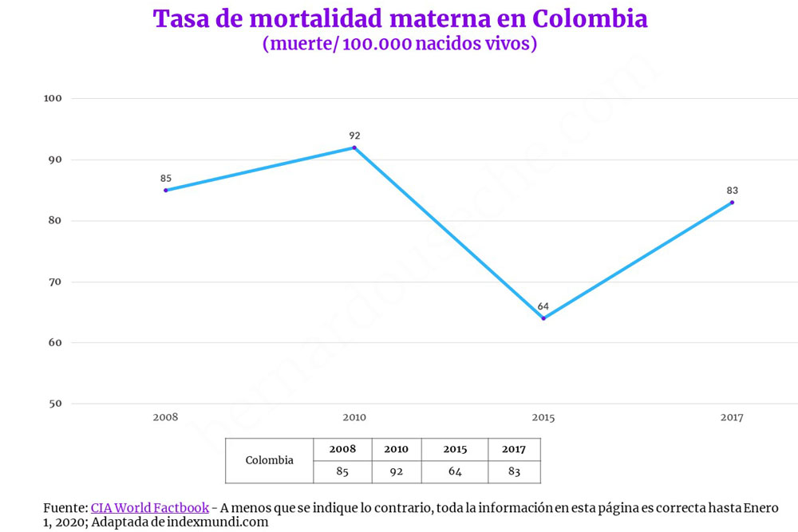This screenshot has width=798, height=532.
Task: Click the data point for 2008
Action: point(166,190)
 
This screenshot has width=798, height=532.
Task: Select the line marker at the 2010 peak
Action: point(354,148)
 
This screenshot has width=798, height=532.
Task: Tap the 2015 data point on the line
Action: point(543,318)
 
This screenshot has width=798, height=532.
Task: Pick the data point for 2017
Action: point(732,202)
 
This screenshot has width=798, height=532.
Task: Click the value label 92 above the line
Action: point(354,136)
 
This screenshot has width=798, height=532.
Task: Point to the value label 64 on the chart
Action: point(543,306)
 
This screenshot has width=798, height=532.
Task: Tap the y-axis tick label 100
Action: point(53,99)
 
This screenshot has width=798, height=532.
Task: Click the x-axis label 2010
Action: point(354,418)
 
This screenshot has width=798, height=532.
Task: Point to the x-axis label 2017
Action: point(732,418)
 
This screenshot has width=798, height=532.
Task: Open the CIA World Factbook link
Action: point(150,508)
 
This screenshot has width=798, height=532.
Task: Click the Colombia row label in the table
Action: point(269,460)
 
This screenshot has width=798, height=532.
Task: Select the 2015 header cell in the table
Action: point(455,449)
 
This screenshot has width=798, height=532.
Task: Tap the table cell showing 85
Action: point(342,471)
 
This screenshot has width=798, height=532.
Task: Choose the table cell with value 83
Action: point(514,471)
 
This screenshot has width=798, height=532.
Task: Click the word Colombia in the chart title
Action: point(588,19)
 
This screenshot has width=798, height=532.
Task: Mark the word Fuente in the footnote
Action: point(65,508)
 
